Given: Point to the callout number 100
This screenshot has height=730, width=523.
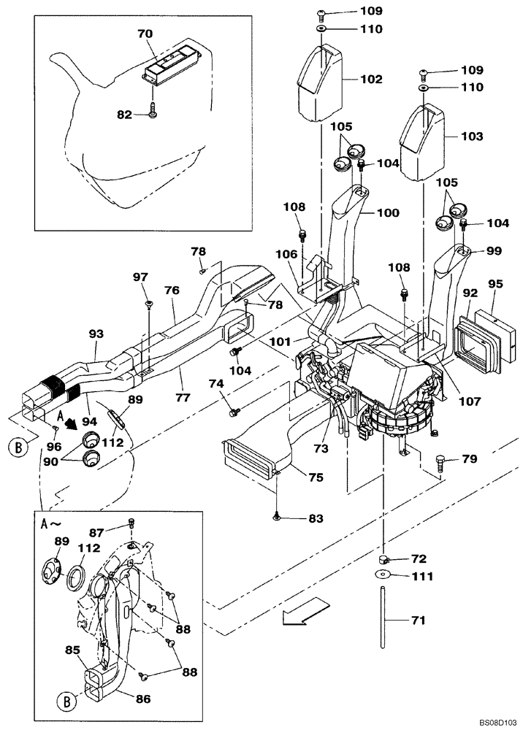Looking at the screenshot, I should click(x=388, y=212).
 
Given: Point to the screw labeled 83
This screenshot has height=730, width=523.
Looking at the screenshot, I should click(x=277, y=517).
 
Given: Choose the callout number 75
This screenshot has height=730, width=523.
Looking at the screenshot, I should click(x=315, y=478).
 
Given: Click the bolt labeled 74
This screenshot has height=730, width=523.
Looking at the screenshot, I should click(x=234, y=412).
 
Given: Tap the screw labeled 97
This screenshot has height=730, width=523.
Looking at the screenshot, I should click(x=149, y=302).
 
